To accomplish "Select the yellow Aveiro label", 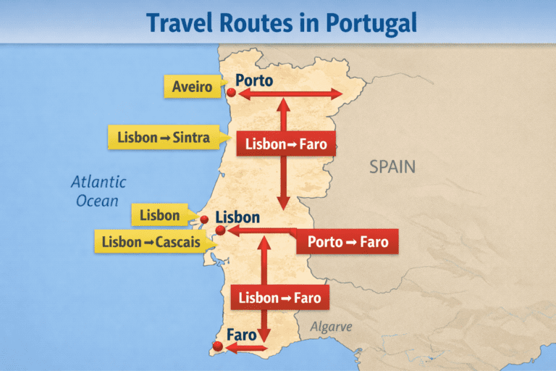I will tap(193, 88).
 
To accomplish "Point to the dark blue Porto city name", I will tap(254, 80).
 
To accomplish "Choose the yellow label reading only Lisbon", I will tap(160, 215).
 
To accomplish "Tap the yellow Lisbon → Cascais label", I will tap(151, 241).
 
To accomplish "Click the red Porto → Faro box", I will tap(347, 241).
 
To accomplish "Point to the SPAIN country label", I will tap(392, 167).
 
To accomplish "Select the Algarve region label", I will tap(331, 327).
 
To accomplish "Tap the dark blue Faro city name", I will tap(242, 335).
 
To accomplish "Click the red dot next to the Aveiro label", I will tap(232, 93).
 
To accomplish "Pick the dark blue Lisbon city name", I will tap(237, 217).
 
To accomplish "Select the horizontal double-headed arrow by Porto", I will tap(290, 93).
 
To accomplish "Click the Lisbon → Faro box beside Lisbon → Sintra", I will tap(286, 144).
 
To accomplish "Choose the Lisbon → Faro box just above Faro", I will tap(279, 297).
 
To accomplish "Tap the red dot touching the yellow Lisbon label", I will tap(204, 219).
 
